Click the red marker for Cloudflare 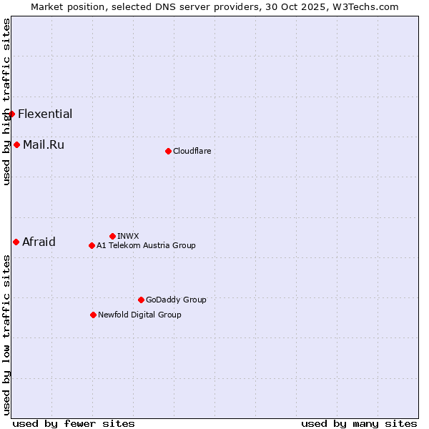(168, 151)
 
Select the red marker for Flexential (11, 114)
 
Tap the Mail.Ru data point (16, 144)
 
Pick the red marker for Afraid (16, 242)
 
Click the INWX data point (112, 236)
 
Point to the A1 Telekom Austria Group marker (92, 245)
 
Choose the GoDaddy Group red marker (141, 300)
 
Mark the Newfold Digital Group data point (93, 315)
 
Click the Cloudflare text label (192, 151)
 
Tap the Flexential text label (45, 114)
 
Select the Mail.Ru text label (44, 144)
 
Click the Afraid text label (39, 242)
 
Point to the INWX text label (128, 236)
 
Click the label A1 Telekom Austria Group (146, 245)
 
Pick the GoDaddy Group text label (176, 300)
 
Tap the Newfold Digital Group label (139, 315)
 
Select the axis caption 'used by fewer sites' (74, 423)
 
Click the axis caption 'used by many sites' (359, 423)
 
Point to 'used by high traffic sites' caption (6, 102)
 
